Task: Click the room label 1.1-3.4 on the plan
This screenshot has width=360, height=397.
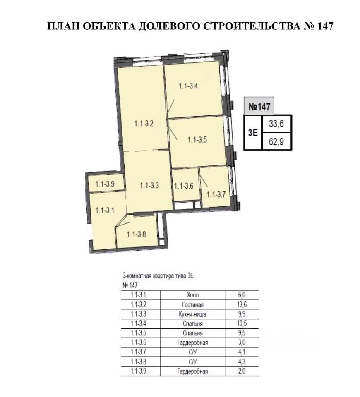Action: [x=188, y=86]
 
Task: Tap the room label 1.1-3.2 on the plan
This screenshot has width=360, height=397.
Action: [x=144, y=124]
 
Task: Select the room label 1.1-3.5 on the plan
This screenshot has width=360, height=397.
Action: [x=197, y=139]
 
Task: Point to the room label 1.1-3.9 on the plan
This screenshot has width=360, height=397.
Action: [x=105, y=184]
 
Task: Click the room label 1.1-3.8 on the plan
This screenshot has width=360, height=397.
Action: [x=136, y=234]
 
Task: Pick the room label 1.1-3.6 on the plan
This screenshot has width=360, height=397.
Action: [x=184, y=186]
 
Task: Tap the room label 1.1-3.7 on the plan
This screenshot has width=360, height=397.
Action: [x=216, y=194]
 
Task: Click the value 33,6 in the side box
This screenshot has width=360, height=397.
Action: [x=276, y=124]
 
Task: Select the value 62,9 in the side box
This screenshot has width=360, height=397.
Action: [x=276, y=141]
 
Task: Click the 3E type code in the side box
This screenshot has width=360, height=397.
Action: [x=252, y=132]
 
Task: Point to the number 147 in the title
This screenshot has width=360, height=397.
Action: [x=324, y=26]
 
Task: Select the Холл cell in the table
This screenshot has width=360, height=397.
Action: [x=193, y=295]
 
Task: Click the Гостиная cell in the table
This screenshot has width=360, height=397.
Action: [x=193, y=305]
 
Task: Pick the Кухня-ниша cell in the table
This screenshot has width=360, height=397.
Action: [x=193, y=314]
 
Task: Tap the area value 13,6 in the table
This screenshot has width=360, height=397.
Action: [x=242, y=305]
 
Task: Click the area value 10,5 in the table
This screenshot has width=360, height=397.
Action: [x=242, y=323]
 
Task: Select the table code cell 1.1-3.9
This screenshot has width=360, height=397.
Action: [x=139, y=371]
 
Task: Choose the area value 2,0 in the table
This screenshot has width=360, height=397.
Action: [x=242, y=371]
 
